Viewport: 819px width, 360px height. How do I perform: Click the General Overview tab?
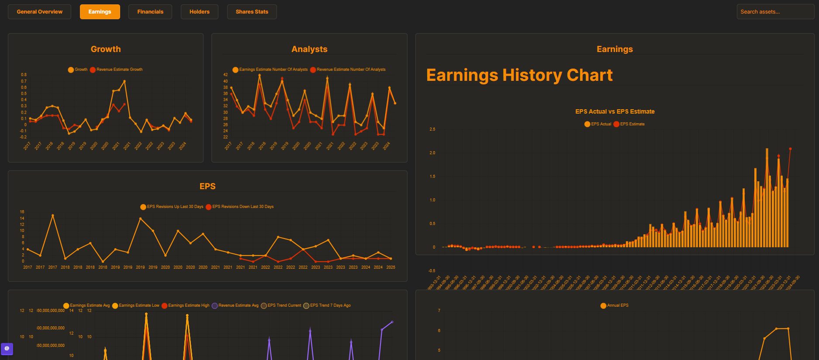tap(39, 12)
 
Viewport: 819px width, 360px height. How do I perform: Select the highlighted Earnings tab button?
tap(100, 12)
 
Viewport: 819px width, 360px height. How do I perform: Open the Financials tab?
tap(150, 12)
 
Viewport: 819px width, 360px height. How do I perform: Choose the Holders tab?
tap(199, 12)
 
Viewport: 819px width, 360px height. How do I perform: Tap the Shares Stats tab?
tap(252, 12)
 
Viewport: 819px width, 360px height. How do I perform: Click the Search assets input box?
tap(775, 12)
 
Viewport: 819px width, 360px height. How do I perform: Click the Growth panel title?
tap(106, 49)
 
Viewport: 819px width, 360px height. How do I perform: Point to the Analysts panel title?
tap(309, 49)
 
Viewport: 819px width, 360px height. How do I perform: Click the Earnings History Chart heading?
tap(519, 75)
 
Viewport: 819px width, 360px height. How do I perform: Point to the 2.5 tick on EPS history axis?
tap(432, 129)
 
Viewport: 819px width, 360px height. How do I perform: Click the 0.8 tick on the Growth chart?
tap(24, 75)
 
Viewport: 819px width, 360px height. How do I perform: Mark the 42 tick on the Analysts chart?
tap(225, 75)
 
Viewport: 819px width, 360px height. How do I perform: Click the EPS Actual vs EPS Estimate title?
tap(615, 111)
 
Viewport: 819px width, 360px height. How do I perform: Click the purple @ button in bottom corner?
tap(7, 349)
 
